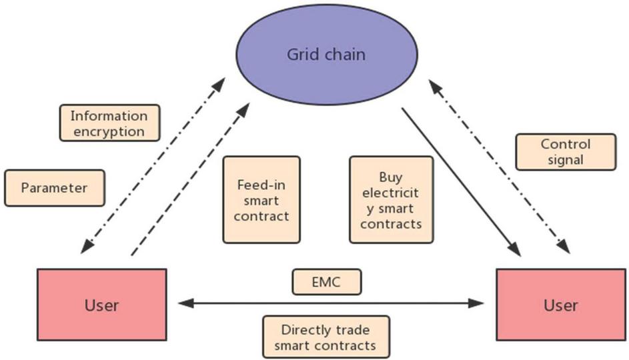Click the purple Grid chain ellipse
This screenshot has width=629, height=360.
click(x=326, y=54)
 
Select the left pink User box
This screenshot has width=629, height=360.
click(x=102, y=304)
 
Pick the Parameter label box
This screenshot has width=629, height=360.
click(x=54, y=188)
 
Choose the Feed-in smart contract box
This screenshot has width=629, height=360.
click(x=261, y=198)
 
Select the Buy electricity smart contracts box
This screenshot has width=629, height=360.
click(x=391, y=199)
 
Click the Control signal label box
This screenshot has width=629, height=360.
click(x=566, y=151)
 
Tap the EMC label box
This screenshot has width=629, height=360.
click(x=326, y=282)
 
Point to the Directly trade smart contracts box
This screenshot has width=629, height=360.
click(x=325, y=337)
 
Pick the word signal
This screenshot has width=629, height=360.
click(x=566, y=159)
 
